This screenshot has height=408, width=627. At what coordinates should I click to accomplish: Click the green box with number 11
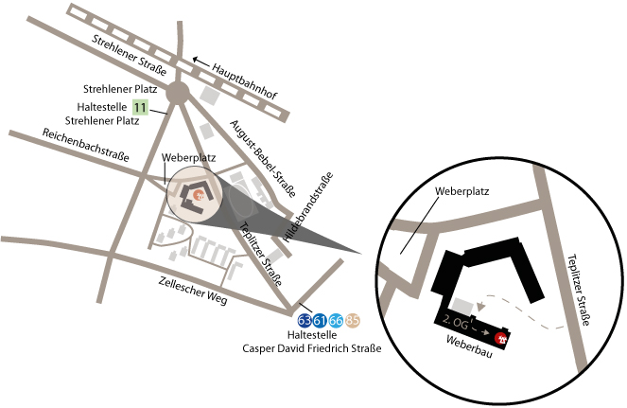click(x=141, y=108)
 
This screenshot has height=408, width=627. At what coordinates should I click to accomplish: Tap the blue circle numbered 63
click(x=305, y=320)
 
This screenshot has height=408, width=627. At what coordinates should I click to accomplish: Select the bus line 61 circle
click(x=320, y=320)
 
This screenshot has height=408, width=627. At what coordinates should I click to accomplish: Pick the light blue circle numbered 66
click(x=336, y=320)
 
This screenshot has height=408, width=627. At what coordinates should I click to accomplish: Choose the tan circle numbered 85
click(x=352, y=320)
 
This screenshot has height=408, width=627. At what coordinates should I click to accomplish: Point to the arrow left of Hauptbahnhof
click(x=201, y=61)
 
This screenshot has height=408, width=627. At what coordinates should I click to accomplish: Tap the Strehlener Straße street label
click(x=130, y=56)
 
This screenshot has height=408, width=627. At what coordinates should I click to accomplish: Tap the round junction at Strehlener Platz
click(x=177, y=93)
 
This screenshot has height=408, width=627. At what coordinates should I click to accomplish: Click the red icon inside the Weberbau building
click(x=501, y=336)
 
